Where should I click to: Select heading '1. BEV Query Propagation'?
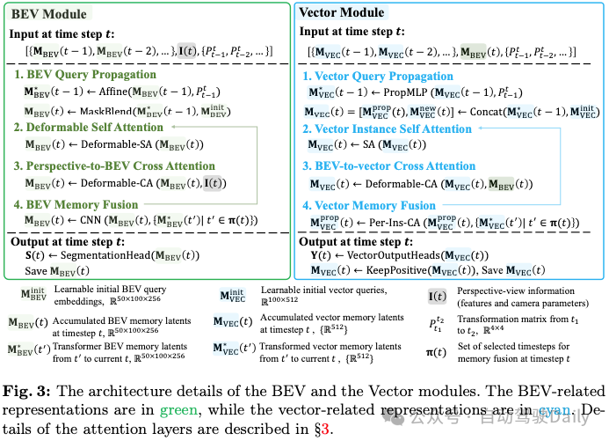(x=85, y=75)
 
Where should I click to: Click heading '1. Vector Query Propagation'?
(x=383, y=75)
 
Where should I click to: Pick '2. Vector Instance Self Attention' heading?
(x=388, y=129)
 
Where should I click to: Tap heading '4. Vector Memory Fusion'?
(x=369, y=204)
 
